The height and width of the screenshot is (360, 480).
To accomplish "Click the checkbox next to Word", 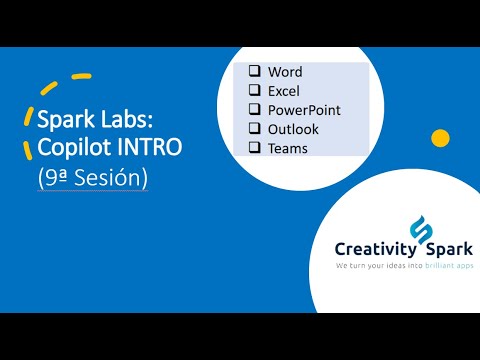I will [x=254, y=72].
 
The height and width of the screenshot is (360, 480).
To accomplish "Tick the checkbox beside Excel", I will [x=254, y=91].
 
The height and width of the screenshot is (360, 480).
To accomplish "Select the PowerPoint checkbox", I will [x=254, y=110].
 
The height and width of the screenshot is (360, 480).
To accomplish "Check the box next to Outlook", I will [x=254, y=129].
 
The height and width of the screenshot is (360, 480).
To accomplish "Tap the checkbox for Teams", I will [x=254, y=148].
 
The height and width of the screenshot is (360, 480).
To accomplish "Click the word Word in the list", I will [x=285, y=72].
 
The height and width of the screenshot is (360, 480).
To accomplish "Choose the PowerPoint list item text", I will [x=304, y=110].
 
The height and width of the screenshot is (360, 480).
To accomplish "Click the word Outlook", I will [x=293, y=129].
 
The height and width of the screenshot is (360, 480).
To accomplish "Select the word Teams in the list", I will [x=288, y=148].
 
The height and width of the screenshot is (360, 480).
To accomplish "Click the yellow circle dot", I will [x=438, y=137].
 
